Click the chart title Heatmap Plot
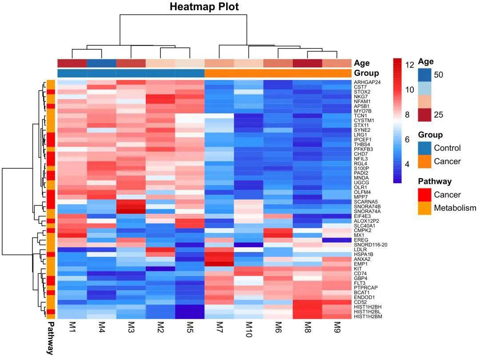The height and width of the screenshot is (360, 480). point(204,7)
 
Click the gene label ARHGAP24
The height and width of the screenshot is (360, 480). point(367,83)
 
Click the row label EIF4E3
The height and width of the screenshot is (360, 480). point(362,216)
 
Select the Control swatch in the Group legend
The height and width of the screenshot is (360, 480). point(425,148)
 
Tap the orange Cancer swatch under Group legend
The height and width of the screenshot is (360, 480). point(425,161)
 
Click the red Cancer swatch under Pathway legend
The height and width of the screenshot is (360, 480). point(425,195)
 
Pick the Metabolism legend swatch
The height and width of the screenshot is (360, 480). point(425,208)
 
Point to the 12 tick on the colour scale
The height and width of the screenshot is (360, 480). point(409,65)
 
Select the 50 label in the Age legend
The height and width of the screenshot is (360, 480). point(438,75)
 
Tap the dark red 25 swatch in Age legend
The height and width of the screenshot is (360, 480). point(425,115)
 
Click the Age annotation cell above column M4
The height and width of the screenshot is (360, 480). point(101,63)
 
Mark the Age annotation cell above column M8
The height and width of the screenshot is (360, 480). point(308,63)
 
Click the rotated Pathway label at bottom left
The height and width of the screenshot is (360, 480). point(50,338)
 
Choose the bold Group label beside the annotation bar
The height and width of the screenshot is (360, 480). point(366,73)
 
